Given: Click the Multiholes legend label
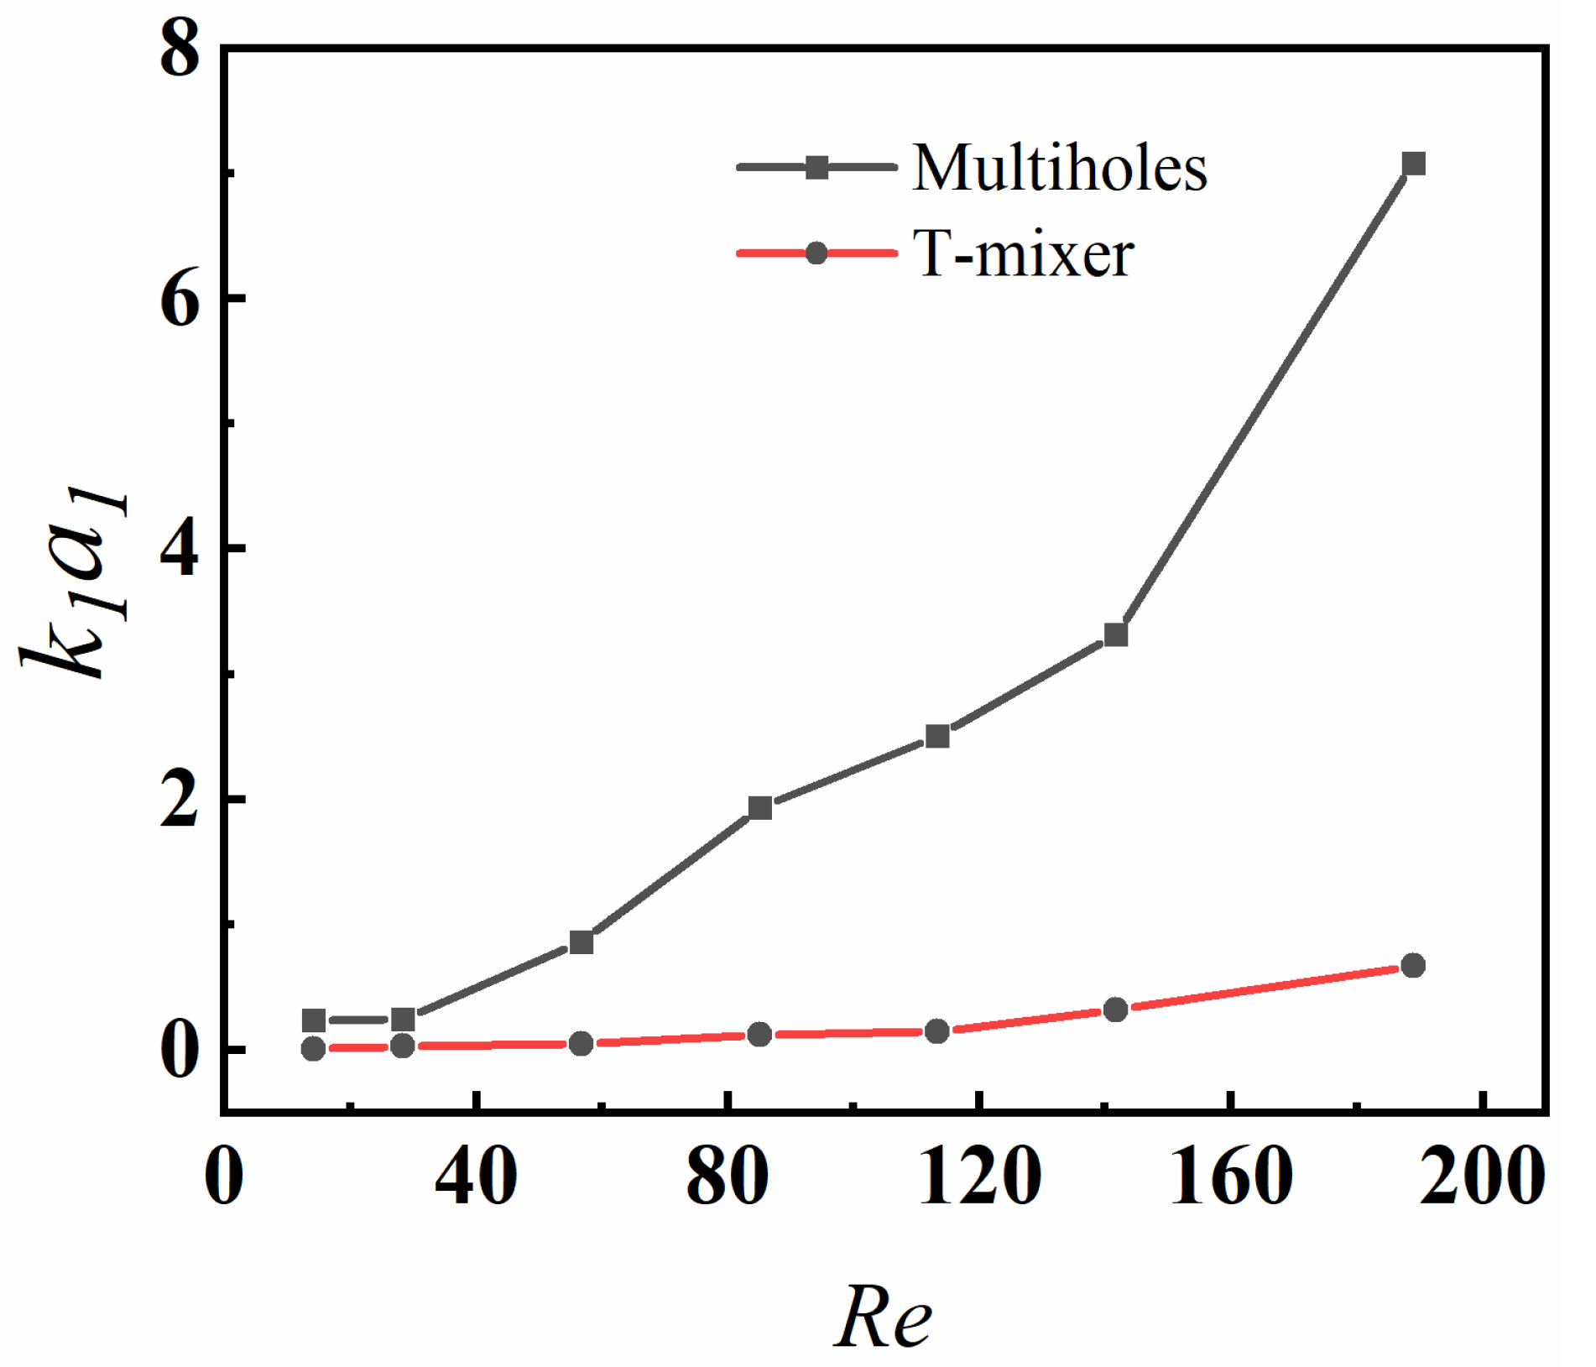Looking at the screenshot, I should coord(1060,168).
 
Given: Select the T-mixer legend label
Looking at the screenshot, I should coord(1024,253).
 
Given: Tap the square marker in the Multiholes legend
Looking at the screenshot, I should coord(816,167).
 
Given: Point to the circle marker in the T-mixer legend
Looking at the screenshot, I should coord(816,253).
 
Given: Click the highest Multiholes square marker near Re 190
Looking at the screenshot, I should coord(1414,164).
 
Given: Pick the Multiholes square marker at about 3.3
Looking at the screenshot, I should coord(1116,634).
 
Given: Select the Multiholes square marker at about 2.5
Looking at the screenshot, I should coord(937,737).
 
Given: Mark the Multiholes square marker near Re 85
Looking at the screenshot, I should coord(759,808).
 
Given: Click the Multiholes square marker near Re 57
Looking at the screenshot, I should coord(581,942).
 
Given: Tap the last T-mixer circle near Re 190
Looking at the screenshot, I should coord(1414,965).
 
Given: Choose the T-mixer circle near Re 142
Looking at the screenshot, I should coord(1116,1010).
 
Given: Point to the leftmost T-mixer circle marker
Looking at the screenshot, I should coord(313,1048).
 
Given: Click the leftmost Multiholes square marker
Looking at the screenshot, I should coord(313,1020).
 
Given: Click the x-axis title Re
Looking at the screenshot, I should coord(883,1316).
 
